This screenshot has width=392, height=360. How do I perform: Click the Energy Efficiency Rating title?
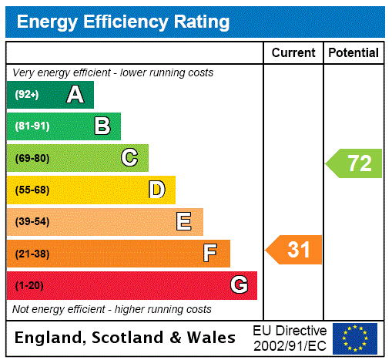(x=123, y=22)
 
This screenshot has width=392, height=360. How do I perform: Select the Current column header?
(x=293, y=53)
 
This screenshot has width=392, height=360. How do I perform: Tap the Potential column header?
(x=353, y=53)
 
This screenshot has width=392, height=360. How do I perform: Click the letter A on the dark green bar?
(x=75, y=95)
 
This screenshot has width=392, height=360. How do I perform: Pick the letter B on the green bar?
(x=102, y=126)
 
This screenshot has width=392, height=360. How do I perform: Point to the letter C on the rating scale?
(x=129, y=158)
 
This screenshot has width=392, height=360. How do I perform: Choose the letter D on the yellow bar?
(x=157, y=190)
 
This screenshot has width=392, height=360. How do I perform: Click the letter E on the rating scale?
(x=184, y=222)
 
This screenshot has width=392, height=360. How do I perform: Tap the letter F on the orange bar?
(x=209, y=254)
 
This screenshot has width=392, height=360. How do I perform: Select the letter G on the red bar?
(x=239, y=285)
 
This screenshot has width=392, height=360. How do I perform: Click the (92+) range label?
(x=27, y=96)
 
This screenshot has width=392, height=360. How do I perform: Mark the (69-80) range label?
(x=32, y=159)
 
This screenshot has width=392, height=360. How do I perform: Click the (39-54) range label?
(x=32, y=222)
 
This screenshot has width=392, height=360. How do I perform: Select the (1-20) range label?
(x=29, y=286)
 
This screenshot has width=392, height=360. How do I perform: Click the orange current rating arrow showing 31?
(x=294, y=250)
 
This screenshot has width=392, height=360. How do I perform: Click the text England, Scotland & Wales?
(x=126, y=338)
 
